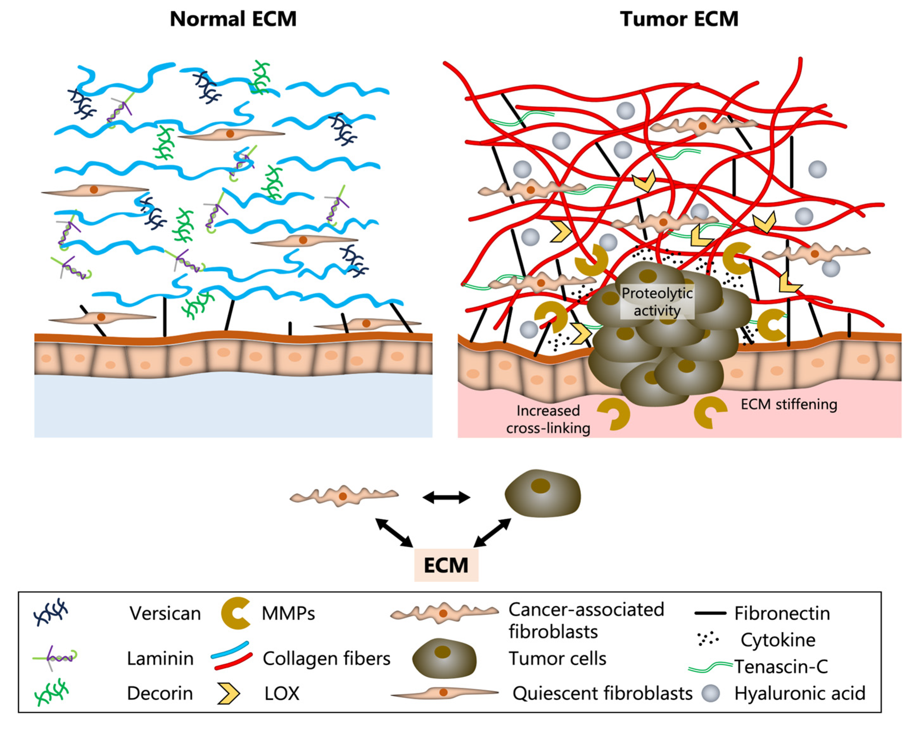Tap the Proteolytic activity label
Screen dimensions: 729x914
point(657,302)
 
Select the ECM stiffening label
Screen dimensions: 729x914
point(789,404)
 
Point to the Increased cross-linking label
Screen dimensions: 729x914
point(548,419)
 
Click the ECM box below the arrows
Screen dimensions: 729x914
point(446,565)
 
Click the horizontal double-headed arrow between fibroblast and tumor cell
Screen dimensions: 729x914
point(446,497)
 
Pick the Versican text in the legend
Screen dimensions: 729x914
point(165,614)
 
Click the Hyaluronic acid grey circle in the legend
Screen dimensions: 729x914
point(710,694)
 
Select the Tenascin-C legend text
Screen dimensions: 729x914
point(781,667)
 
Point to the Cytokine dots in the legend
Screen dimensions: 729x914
point(708,639)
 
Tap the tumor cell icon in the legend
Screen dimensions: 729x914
point(444,658)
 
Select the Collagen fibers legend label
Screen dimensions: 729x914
point(326,659)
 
